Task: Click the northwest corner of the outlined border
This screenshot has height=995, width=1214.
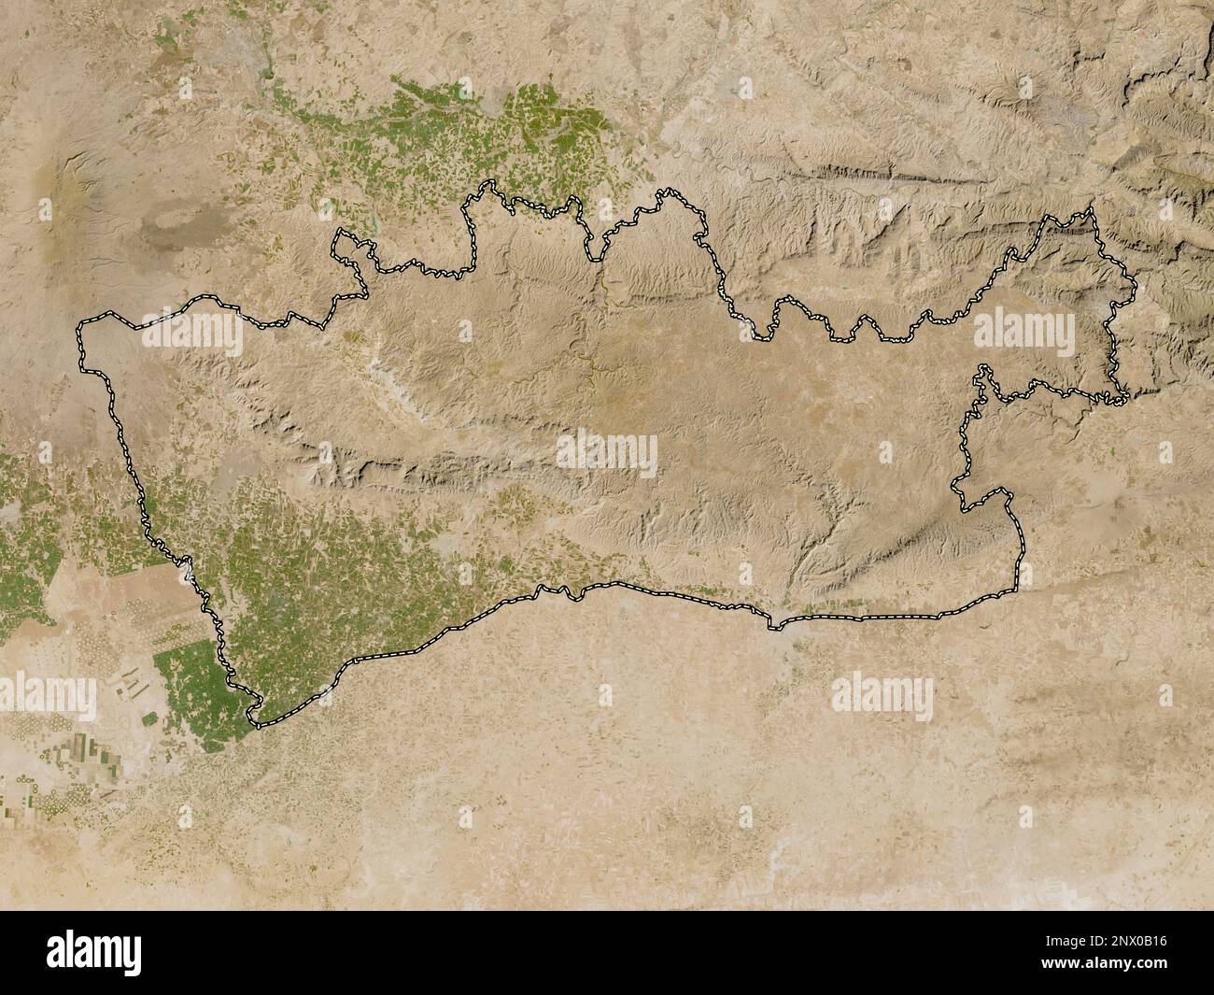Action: point(80,327)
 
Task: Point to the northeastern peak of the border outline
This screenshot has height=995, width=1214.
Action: point(1089,213)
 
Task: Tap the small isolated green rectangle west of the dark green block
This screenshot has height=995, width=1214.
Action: point(149,718)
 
